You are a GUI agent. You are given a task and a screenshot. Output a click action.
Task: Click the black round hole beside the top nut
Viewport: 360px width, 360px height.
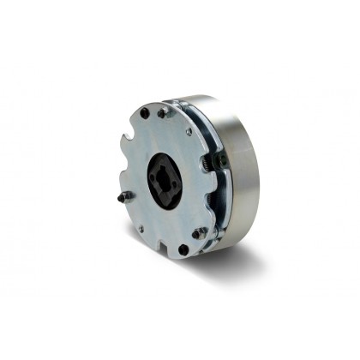[144, 113]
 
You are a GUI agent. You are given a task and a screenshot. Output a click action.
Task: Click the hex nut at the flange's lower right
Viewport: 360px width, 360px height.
[200, 232]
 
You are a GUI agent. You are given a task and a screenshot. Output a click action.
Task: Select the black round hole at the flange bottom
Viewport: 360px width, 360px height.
[183, 249]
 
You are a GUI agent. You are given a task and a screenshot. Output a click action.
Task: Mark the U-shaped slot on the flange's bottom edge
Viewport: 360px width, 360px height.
[162, 251]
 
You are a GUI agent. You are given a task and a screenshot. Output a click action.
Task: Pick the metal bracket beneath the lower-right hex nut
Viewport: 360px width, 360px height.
[204, 243]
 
